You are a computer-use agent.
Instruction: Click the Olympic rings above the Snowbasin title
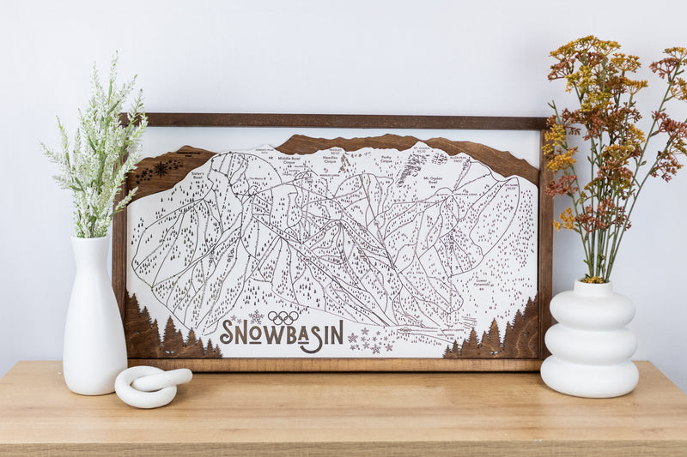click(283, 317)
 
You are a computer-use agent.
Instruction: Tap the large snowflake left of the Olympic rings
click(256, 316)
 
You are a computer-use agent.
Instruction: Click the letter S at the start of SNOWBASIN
click(228, 333)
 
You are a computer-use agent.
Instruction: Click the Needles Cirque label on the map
click(331, 159)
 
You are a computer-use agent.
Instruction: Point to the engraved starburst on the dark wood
click(161, 168)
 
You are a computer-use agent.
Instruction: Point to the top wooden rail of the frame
click(335, 121)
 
